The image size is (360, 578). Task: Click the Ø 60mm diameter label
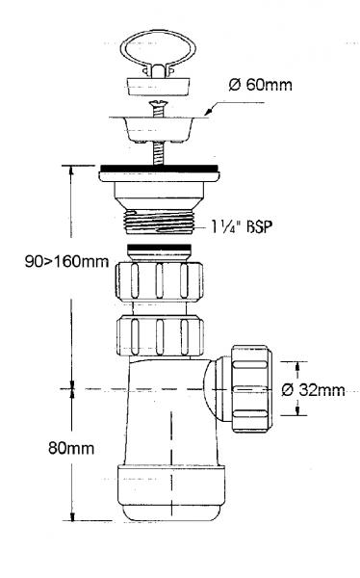260,85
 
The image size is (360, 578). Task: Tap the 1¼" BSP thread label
242,226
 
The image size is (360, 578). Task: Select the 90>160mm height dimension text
66,261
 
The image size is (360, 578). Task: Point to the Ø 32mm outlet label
313,389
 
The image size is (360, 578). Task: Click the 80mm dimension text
71,448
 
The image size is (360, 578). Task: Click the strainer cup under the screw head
158,129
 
